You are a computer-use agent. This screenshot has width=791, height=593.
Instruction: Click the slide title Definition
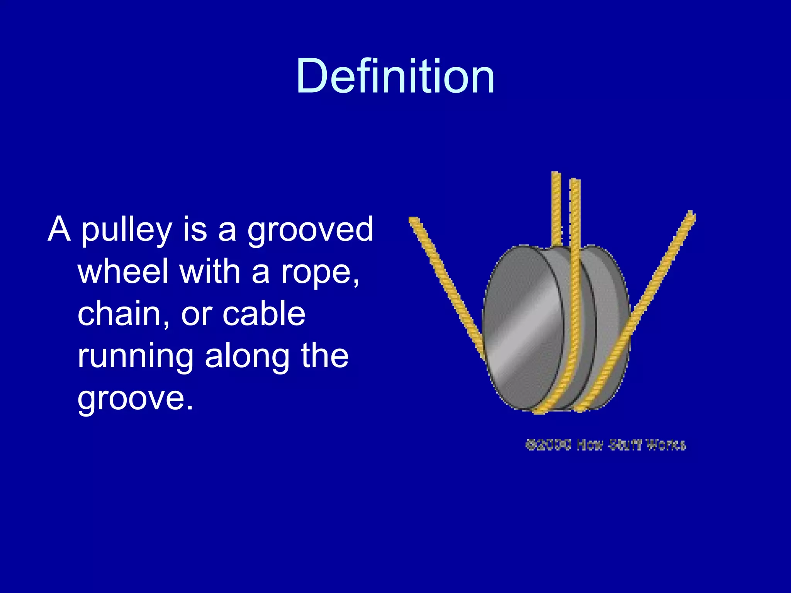[x=395, y=76]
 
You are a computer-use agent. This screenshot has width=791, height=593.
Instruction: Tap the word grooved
[x=310, y=230]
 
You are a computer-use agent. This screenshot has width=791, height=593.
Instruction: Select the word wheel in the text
[x=123, y=271]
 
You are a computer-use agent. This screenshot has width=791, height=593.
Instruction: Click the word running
[x=135, y=356]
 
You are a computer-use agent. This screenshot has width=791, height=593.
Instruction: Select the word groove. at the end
[x=135, y=398]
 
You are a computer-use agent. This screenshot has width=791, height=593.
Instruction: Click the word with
[x=210, y=271]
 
